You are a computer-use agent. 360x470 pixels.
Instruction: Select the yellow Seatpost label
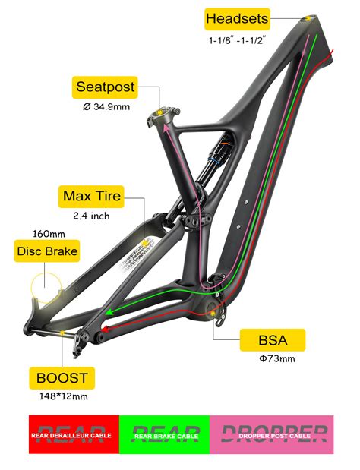click(106, 87)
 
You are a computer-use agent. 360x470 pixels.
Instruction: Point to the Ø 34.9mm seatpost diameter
click(106, 107)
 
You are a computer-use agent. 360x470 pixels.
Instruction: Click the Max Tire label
click(93, 197)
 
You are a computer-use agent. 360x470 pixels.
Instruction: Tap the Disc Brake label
click(47, 251)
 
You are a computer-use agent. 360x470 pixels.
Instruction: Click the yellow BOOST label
click(60, 377)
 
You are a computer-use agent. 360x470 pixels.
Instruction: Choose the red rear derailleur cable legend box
click(74, 434)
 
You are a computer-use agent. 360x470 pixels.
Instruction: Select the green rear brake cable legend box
click(165, 434)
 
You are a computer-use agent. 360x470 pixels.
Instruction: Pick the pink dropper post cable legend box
click(271, 434)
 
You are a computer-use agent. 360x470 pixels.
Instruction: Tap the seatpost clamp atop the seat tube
click(162, 115)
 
